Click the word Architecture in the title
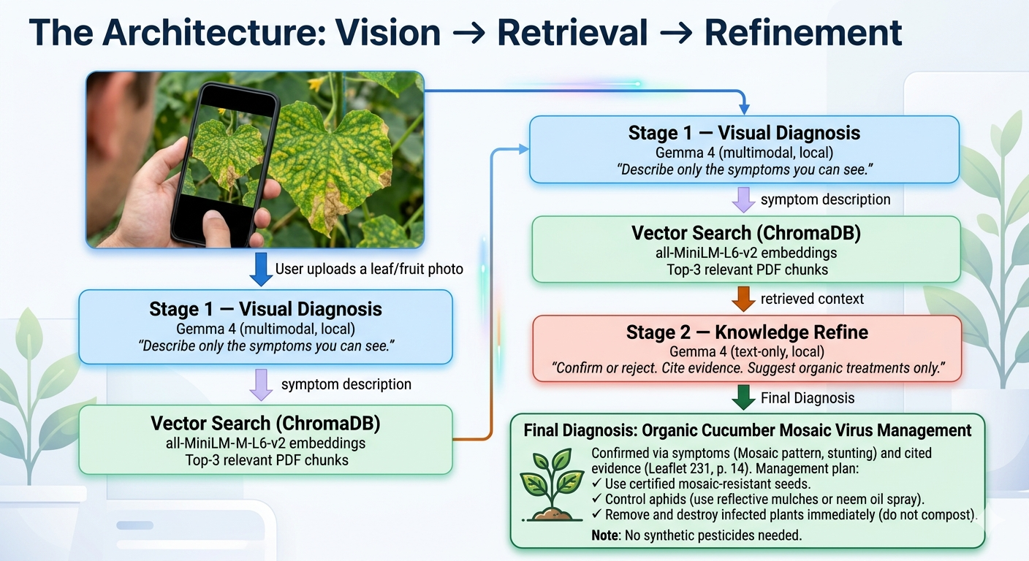pos(215,33)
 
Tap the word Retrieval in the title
pos(572,33)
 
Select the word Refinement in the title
pos(803,33)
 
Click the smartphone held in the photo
pos(225,164)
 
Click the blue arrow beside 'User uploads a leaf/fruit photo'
pos(261,270)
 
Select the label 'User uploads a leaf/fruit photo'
pos(369,269)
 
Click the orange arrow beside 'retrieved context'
pos(743,299)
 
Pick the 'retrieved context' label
pos(812,299)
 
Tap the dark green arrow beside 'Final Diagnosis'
pos(743,397)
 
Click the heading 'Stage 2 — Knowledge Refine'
pos(747,332)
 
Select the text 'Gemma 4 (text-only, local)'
pos(747,351)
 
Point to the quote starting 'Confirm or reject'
pos(748,368)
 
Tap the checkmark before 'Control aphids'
pos(597,499)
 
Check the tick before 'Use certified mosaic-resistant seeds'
pos(597,484)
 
